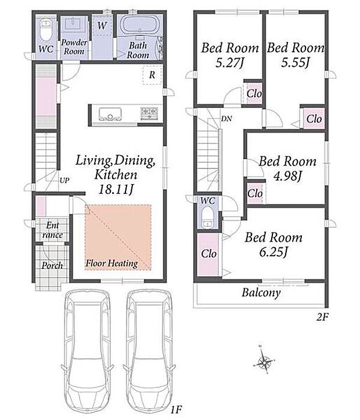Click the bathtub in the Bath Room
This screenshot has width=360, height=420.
(x=139, y=25)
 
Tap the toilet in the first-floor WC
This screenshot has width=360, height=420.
(x=45, y=30)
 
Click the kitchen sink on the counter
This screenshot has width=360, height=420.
(x=110, y=114)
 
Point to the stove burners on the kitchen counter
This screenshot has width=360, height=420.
(x=149, y=113)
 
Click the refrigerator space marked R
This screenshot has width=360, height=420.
(x=152, y=75)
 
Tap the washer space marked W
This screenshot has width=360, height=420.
(x=102, y=26)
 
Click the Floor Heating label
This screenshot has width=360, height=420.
(x=111, y=263)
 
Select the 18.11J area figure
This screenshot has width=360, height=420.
(x=116, y=189)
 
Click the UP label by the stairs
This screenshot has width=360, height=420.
(x=64, y=180)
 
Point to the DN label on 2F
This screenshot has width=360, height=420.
(x=226, y=119)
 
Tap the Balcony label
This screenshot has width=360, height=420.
(x=261, y=293)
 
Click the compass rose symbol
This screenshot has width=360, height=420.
(x=264, y=360)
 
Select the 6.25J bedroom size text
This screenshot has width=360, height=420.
(x=273, y=252)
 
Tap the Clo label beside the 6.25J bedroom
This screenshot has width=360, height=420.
(x=209, y=253)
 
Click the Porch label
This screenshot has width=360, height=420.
(x=52, y=265)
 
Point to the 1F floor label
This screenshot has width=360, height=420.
(x=176, y=410)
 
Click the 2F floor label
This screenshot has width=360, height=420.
(x=322, y=317)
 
